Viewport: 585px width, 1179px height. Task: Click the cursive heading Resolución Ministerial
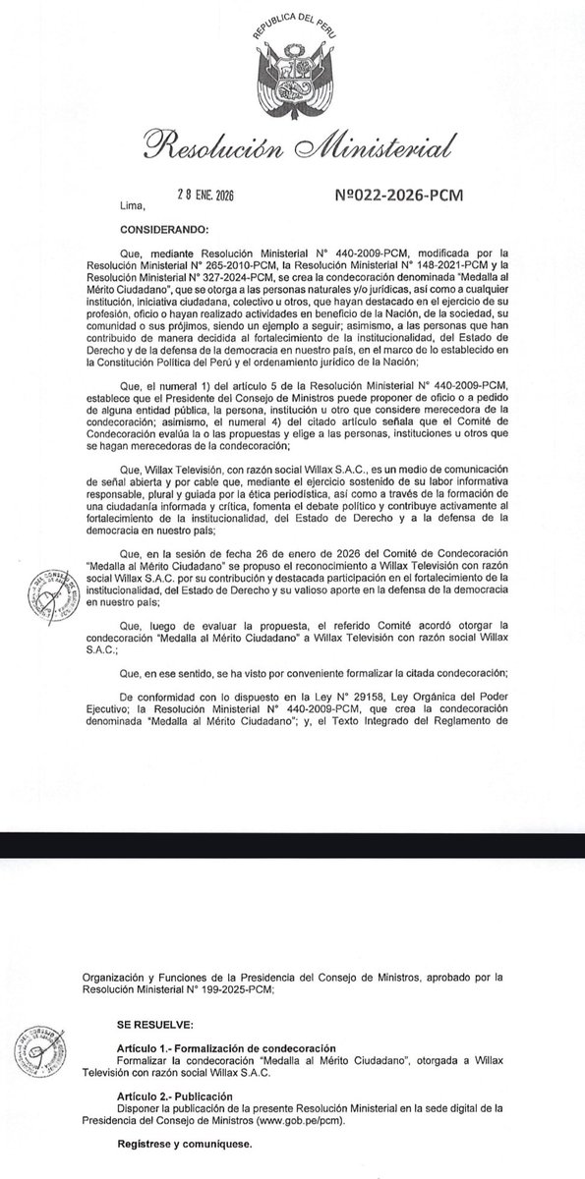click(x=293, y=146)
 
